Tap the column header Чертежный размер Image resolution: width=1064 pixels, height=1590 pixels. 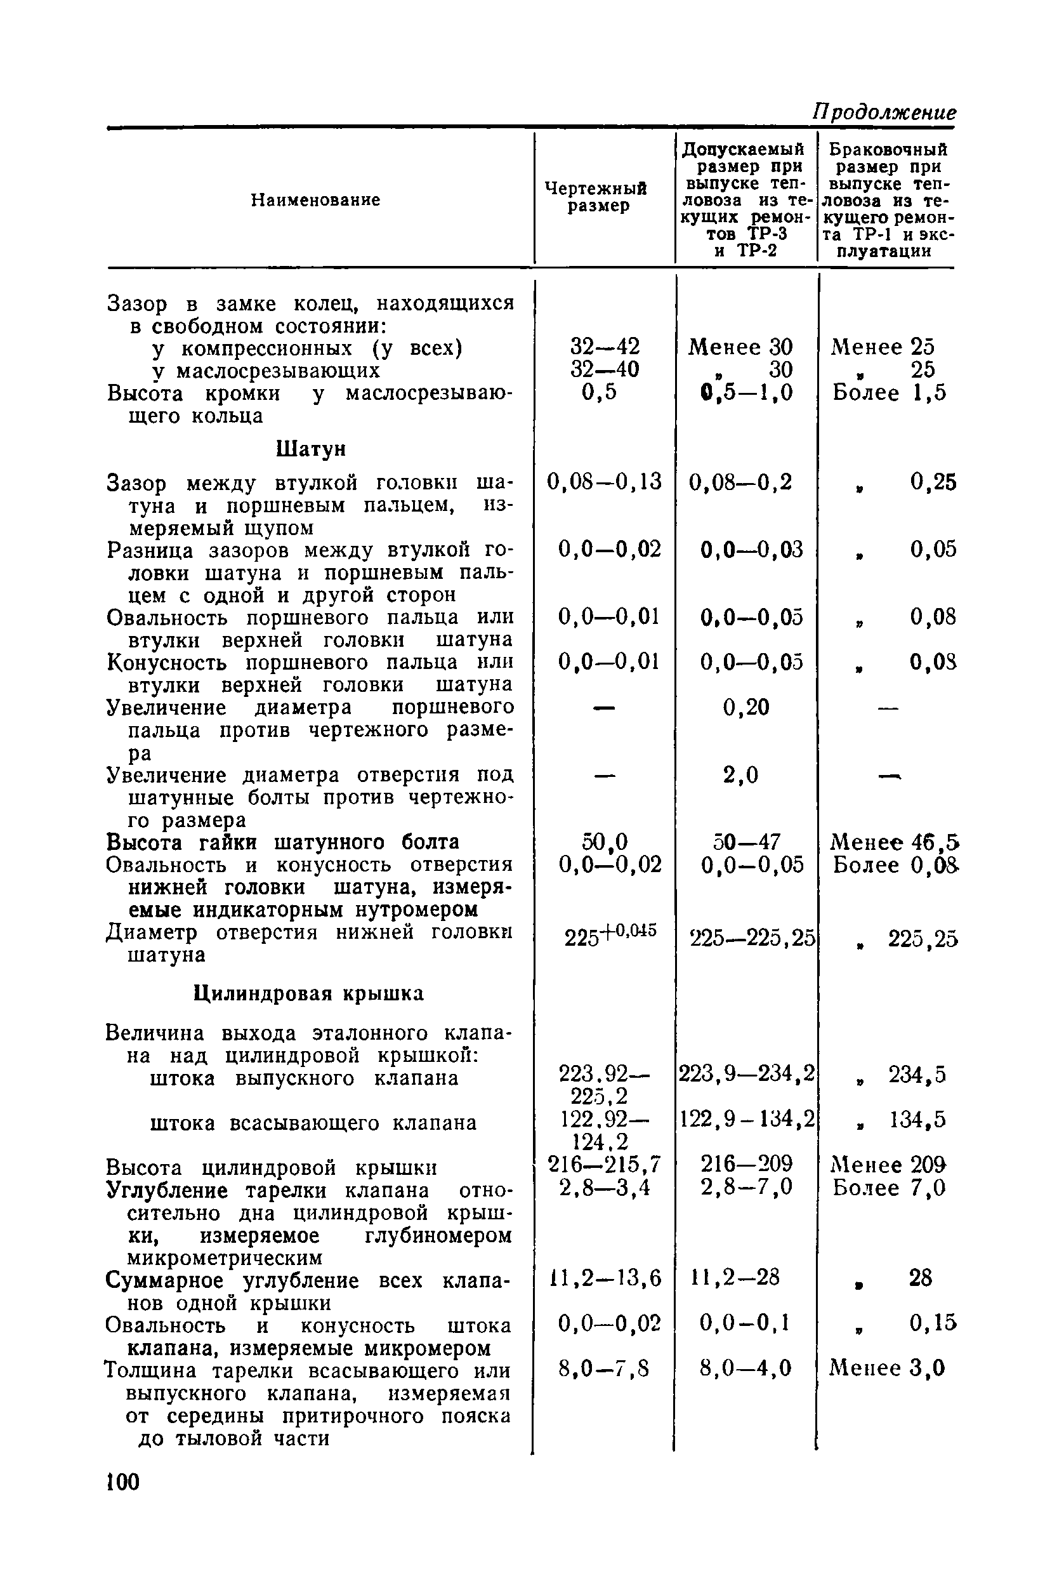pos(596,197)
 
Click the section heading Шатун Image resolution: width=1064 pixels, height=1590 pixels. pos(312,448)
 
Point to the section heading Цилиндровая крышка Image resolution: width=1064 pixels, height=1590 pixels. pos(309,993)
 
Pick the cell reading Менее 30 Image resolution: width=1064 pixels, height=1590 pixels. pos(740,347)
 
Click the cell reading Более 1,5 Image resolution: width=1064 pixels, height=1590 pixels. pos(889,392)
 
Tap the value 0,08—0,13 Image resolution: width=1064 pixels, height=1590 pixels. pos(604,482)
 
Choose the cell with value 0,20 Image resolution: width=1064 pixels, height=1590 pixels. pos(745,708)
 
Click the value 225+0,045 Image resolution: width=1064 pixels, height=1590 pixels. pos(610,934)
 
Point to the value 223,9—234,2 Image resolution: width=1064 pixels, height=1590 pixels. pos(746,1073)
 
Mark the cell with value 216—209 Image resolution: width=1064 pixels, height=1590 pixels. pos(746,1163)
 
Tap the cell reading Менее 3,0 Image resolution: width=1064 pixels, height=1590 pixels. pos(887,1368)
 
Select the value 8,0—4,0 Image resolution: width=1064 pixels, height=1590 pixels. pos(745,1368)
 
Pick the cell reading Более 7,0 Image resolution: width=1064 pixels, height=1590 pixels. pos(889,1188)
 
